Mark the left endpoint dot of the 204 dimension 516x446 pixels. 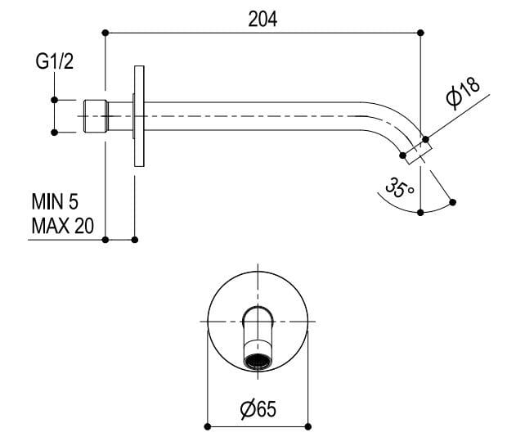[x=106, y=33]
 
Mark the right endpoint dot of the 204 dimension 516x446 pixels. [x=420, y=33]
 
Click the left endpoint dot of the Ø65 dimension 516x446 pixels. [x=207, y=426]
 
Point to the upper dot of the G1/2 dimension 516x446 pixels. [x=54, y=100]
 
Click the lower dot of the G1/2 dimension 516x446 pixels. [x=54, y=132]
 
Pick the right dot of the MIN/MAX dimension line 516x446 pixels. [x=135, y=239]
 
